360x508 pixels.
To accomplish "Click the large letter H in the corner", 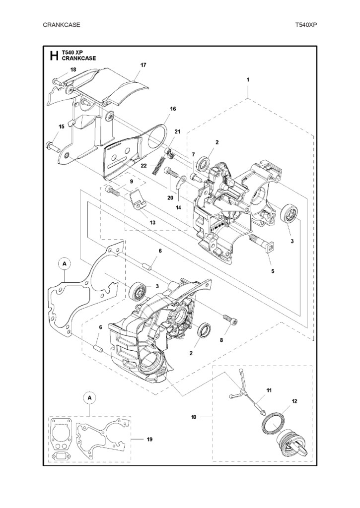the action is coord(54,56).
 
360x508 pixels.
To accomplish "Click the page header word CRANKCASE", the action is coord(61,25).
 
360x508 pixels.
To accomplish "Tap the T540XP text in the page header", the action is coord(306,25).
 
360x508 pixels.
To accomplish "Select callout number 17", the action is coord(143,65).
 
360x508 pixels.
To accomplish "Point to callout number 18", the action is coord(73,69).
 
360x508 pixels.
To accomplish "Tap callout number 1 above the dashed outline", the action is coord(248,79).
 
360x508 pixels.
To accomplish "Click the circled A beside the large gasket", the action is coord(65,264).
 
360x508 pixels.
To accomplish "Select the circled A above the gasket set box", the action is coord(90,398).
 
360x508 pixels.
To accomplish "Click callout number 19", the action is coord(149,440).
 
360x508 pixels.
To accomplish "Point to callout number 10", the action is coord(194,417).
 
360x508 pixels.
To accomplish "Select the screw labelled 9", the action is coord(113,190).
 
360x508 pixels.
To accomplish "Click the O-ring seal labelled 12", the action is coord(274,422).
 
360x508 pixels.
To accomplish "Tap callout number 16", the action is coord(173,109).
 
